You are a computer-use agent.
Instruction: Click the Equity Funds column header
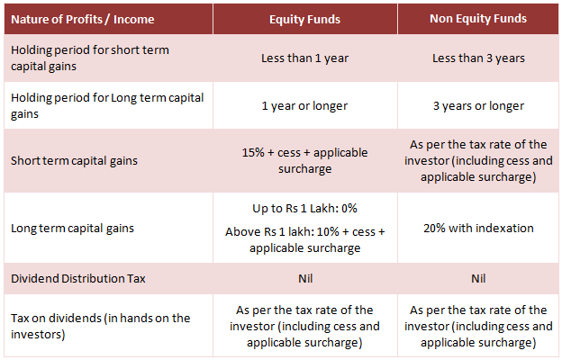pyautogui.click(x=304, y=18)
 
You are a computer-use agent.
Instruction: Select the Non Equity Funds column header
pyautogui.click(x=478, y=18)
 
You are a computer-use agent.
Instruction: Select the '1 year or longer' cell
pyautogui.click(x=304, y=106)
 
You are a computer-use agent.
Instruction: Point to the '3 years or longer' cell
pyautogui.click(x=478, y=106)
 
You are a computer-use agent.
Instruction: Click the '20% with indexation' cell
pyautogui.click(x=478, y=228)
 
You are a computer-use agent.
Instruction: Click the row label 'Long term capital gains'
pyautogui.click(x=72, y=228)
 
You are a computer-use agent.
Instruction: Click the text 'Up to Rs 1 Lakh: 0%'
pyautogui.click(x=304, y=208)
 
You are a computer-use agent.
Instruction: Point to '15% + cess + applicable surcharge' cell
pyautogui.click(x=304, y=160)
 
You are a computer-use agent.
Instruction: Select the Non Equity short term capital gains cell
pyautogui.click(x=478, y=160)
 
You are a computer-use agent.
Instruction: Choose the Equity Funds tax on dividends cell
pyautogui.click(x=304, y=326)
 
